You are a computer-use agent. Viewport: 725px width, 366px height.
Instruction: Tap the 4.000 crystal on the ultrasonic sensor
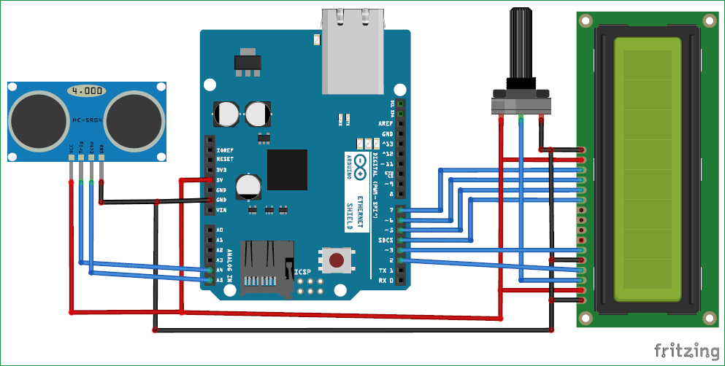click(x=86, y=91)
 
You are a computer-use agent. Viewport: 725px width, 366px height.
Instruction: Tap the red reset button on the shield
click(x=337, y=260)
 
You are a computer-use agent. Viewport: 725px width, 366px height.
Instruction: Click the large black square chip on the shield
click(x=287, y=169)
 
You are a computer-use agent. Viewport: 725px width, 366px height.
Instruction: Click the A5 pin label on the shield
click(x=219, y=280)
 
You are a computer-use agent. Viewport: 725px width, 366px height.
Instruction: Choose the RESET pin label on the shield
click(x=225, y=159)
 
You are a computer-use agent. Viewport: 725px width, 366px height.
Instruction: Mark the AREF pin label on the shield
click(x=385, y=124)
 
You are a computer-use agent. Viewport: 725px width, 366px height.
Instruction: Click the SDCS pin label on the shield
click(x=384, y=240)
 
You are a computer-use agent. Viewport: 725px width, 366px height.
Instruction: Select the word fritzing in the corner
click(x=685, y=351)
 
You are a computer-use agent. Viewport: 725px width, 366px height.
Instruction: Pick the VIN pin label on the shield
click(x=221, y=210)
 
